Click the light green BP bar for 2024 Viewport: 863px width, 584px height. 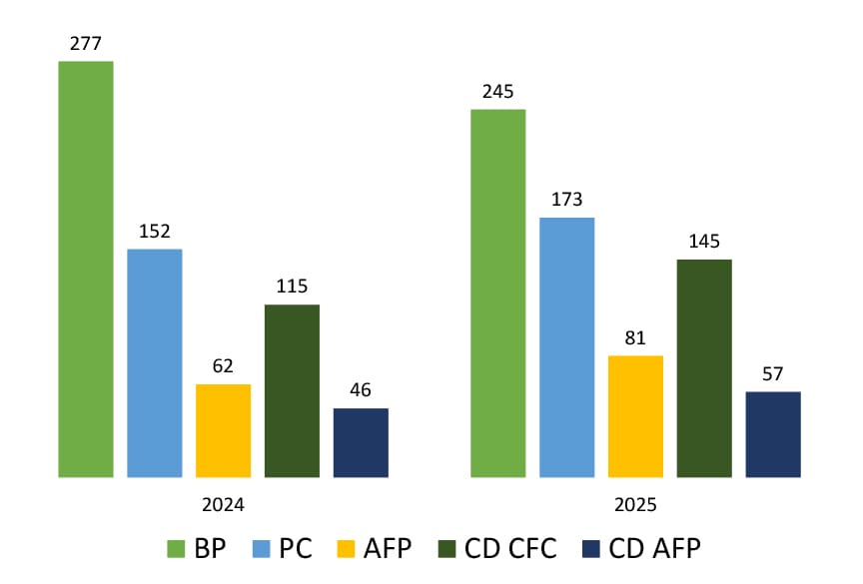[86, 270]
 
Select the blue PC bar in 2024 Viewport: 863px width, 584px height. [155, 362]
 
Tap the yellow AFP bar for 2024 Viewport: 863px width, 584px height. [223, 430]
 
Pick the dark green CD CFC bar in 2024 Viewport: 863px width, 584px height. [292, 390]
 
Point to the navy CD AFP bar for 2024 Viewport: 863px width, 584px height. [361, 442]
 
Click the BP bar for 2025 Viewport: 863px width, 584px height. [498, 292]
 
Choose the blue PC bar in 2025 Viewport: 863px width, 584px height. [567, 346]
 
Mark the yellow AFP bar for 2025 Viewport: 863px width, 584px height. [635, 415]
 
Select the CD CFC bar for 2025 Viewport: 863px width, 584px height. [704, 367]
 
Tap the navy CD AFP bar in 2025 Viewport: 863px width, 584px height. [773, 434]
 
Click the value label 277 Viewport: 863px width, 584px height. [86, 43]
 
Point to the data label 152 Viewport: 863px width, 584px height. [155, 231]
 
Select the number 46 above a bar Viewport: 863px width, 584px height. [361, 390]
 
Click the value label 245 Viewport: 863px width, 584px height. [497, 91]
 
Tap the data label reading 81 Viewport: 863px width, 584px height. [635, 337]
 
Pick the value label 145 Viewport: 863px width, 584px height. [704, 242]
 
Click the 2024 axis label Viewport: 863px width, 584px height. [223, 504]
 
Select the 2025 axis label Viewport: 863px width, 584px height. [635, 504]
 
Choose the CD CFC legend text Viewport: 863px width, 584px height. [510, 548]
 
